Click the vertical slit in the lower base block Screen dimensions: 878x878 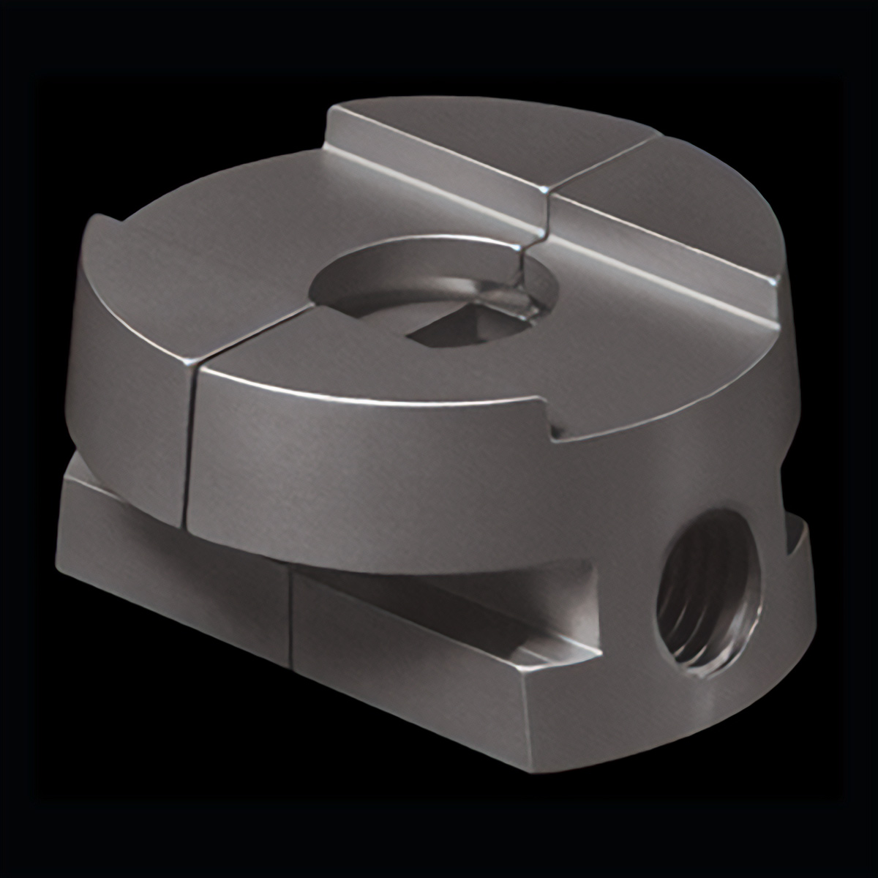[x=290, y=618]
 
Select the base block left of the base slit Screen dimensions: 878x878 [x=176, y=563]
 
